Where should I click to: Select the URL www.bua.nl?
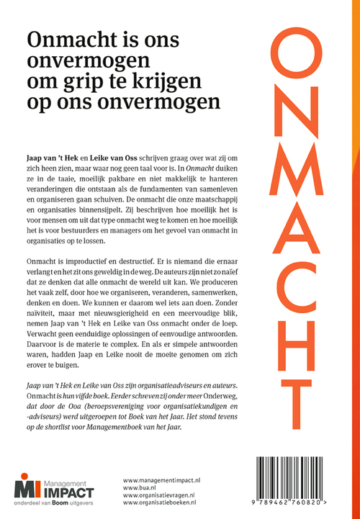coord(139,487)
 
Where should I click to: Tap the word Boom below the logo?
coord(68,504)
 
